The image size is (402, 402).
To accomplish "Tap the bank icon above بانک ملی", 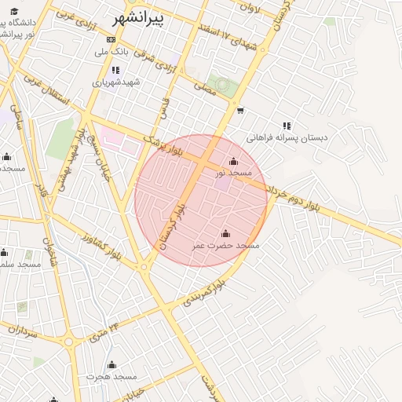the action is coord(111,39).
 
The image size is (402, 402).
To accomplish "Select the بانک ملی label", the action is coord(111,52).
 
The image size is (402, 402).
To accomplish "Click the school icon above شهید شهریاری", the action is coord(115,70).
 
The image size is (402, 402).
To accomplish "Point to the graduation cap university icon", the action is coord(14,11).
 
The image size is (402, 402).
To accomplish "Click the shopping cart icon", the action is coord(239,111).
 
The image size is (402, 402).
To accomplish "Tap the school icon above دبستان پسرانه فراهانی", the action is coord(287,125).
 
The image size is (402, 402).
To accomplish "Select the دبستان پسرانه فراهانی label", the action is coord(287,137).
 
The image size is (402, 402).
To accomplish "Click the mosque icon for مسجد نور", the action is coord(233,162).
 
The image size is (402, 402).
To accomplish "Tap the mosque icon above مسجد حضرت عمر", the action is coord(226,233).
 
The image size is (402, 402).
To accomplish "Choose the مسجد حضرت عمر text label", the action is coord(226,246).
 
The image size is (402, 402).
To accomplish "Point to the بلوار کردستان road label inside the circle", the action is coord(172,225).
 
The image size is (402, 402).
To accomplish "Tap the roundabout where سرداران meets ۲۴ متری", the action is coord(68,342).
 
